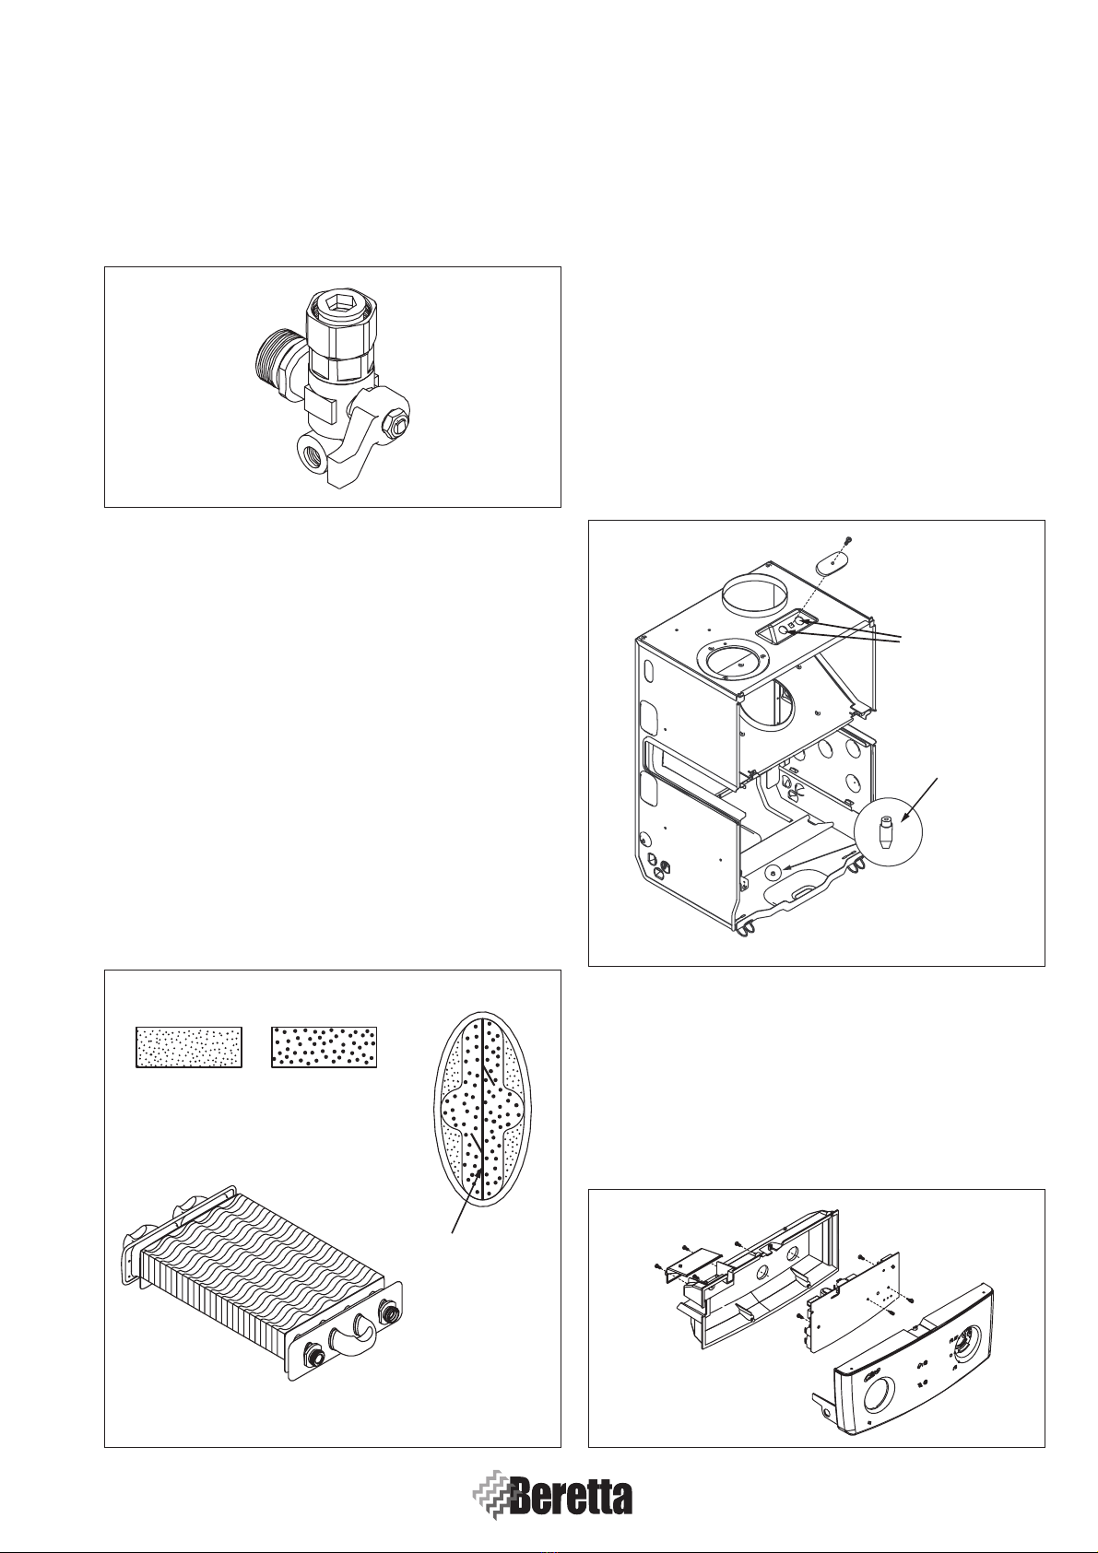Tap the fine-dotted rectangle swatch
tap(189, 1047)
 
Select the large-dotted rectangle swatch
tap(324, 1047)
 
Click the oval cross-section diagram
tap(482, 1110)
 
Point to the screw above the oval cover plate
tap(848, 540)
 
